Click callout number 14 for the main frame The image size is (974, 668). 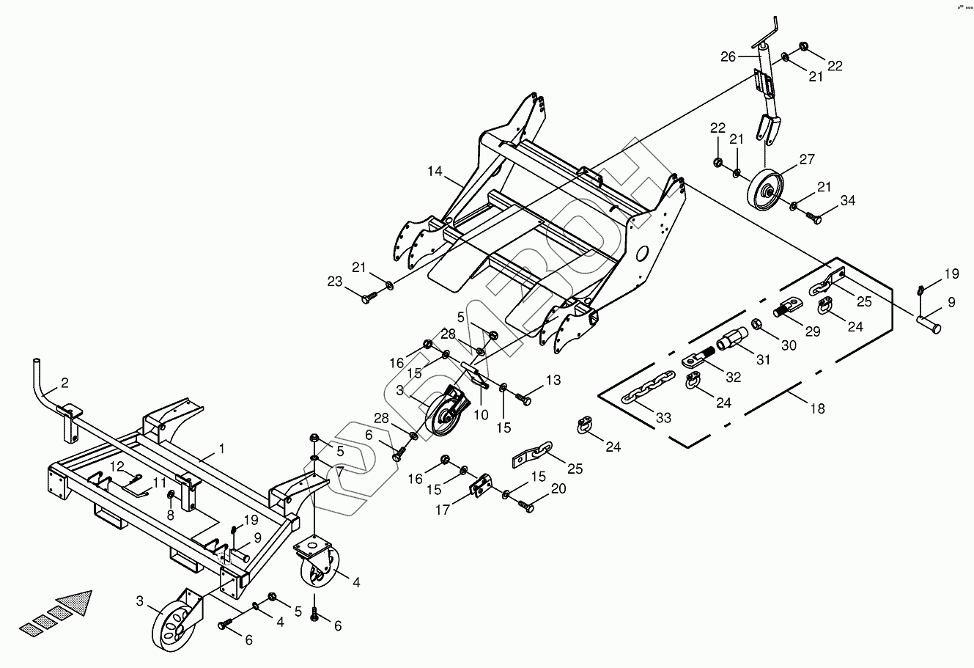(x=435, y=171)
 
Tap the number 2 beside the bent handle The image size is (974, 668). (x=64, y=382)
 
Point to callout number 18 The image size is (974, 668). (x=817, y=409)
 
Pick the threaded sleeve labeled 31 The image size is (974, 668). (x=731, y=340)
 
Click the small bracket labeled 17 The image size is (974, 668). (x=482, y=487)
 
